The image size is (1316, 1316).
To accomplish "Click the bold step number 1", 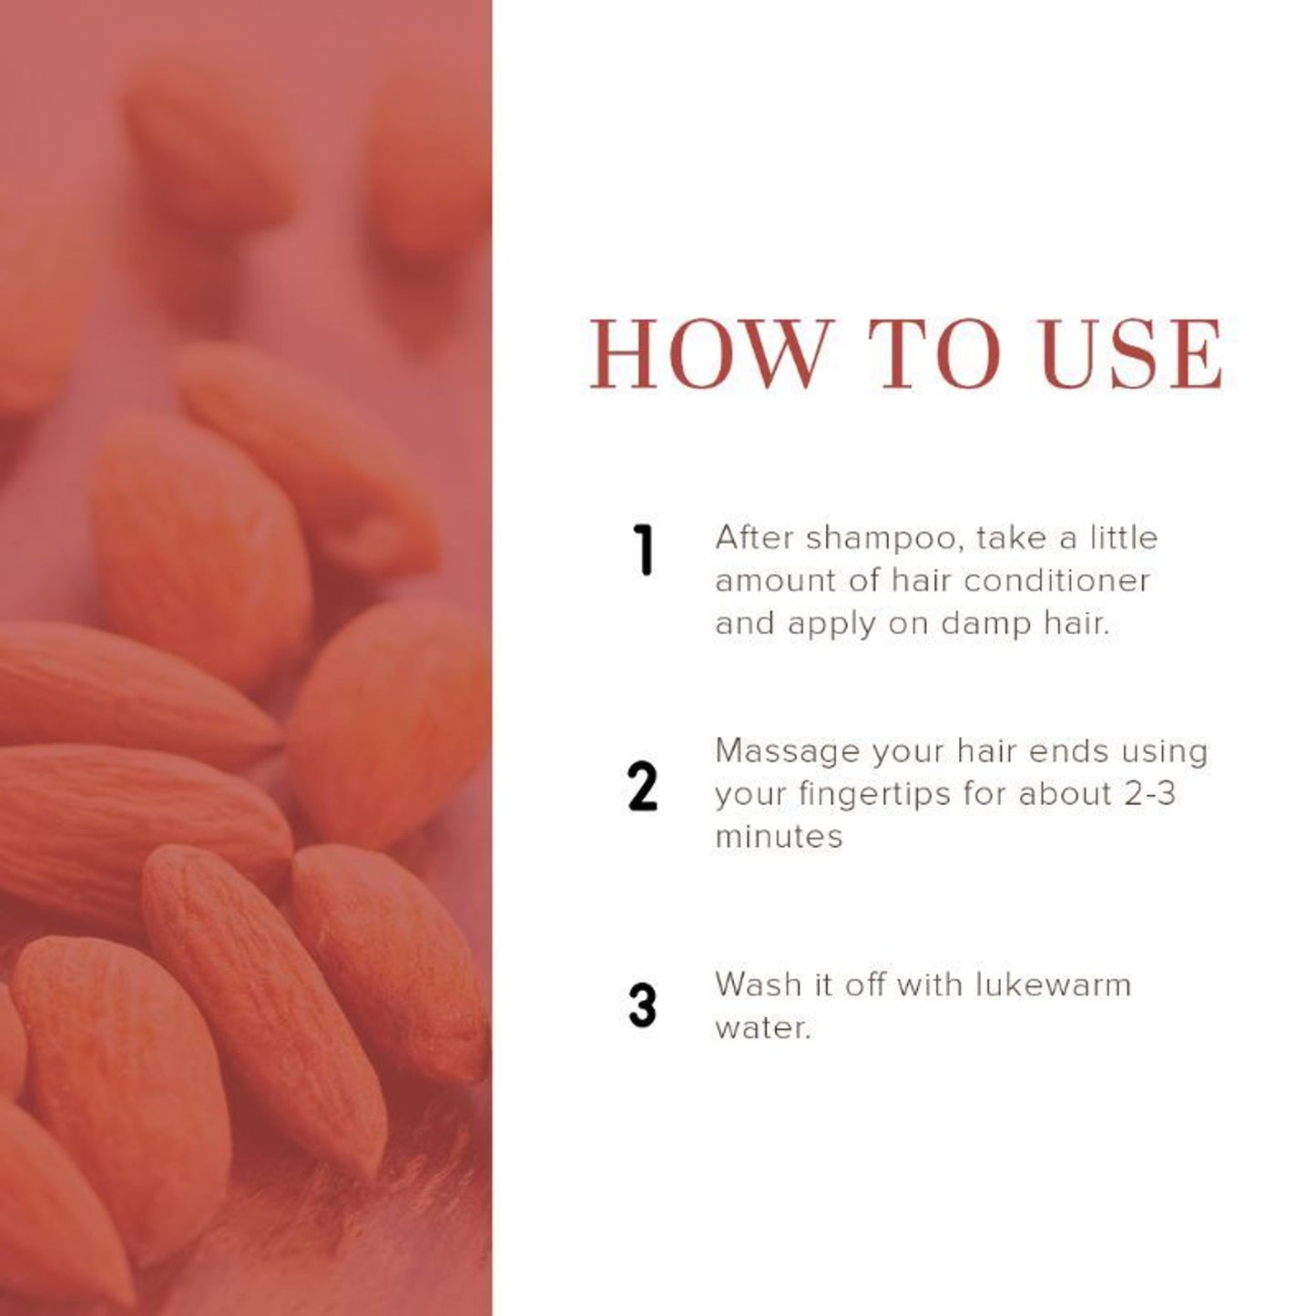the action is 643,550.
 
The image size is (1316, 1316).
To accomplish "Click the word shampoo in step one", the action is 885,539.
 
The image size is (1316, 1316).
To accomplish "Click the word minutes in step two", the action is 779,837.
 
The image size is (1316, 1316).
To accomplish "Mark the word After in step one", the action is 755,538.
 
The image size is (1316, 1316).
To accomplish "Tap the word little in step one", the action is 1124,538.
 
